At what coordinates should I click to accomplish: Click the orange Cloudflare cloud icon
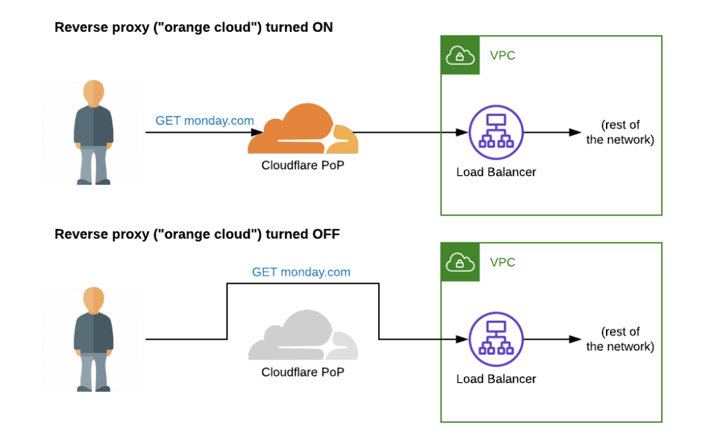click(303, 130)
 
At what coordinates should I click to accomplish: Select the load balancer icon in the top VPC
click(496, 132)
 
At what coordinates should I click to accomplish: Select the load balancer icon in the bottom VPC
click(496, 339)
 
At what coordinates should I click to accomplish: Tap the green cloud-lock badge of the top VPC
click(460, 55)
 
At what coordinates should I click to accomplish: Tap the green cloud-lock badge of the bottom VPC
click(460, 262)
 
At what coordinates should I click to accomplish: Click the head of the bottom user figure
click(93, 300)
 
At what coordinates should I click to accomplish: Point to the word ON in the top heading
click(319, 28)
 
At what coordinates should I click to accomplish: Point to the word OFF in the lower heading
click(325, 234)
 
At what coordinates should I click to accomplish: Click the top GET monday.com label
click(204, 121)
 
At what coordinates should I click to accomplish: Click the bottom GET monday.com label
click(301, 272)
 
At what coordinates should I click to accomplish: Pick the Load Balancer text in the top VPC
click(496, 172)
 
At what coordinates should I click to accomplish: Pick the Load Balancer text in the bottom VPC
click(496, 379)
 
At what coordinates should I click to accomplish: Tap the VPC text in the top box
click(503, 55)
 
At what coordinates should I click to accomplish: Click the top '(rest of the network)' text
click(620, 133)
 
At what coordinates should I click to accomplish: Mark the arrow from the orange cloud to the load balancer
click(410, 132)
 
